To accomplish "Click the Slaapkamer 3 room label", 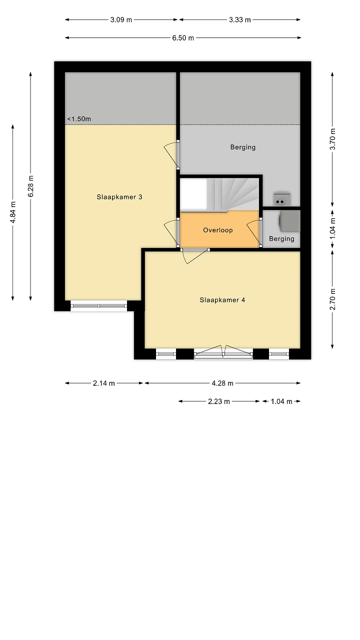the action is pyautogui.click(x=119, y=197).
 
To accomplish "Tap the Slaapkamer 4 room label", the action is pyautogui.click(x=222, y=299).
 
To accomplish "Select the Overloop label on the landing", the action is pyautogui.click(x=217, y=230).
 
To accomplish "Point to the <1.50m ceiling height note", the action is pyautogui.click(x=79, y=119).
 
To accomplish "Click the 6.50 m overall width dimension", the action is pyautogui.click(x=183, y=37).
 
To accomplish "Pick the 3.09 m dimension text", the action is pyautogui.click(x=121, y=19).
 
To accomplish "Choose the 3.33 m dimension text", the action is pyautogui.click(x=239, y=19).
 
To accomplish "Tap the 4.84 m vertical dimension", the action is pyautogui.click(x=13, y=212).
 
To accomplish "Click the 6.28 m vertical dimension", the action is pyautogui.click(x=31, y=186).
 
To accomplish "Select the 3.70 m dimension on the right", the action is pyautogui.click(x=332, y=139).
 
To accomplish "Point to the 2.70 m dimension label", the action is pyautogui.click(x=332, y=299).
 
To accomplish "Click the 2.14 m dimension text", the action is pyautogui.click(x=103, y=383).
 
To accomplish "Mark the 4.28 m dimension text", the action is pyautogui.click(x=222, y=383).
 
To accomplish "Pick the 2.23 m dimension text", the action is pyautogui.click(x=219, y=401).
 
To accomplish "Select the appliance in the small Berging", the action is pyautogui.click(x=289, y=221).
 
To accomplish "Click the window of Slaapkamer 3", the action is pyautogui.click(x=99, y=305).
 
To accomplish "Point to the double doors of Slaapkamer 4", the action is pyautogui.click(x=223, y=352).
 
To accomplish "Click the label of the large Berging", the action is pyautogui.click(x=243, y=147).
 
